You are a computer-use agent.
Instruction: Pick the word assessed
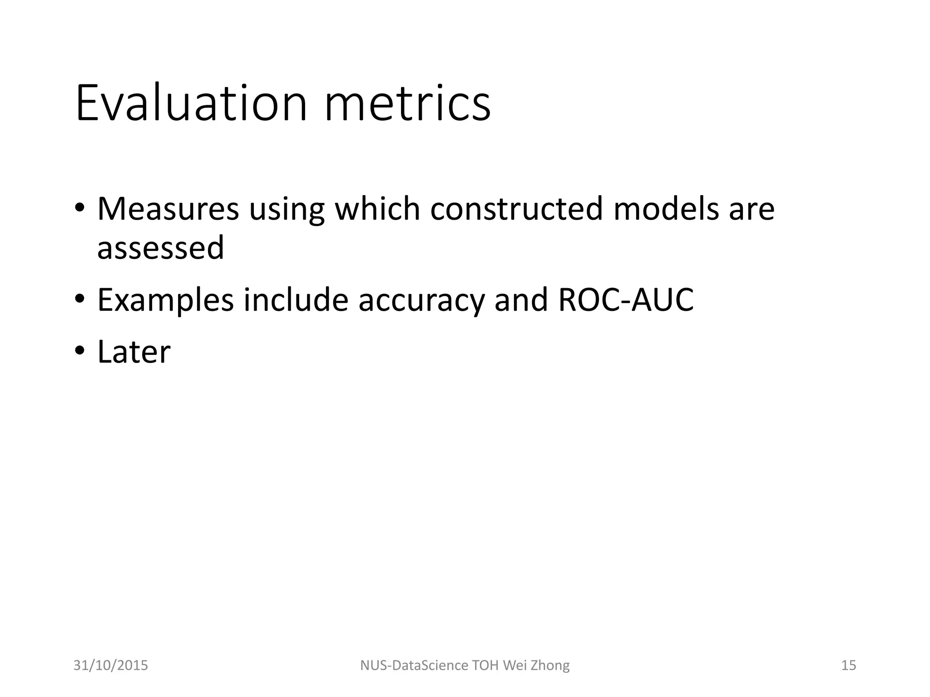(161, 248)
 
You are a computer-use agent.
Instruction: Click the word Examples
(165, 300)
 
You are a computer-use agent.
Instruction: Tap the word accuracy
(421, 301)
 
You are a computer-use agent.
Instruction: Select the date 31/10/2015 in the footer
(111, 665)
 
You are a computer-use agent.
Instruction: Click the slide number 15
(848, 665)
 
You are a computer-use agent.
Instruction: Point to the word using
(287, 210)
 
